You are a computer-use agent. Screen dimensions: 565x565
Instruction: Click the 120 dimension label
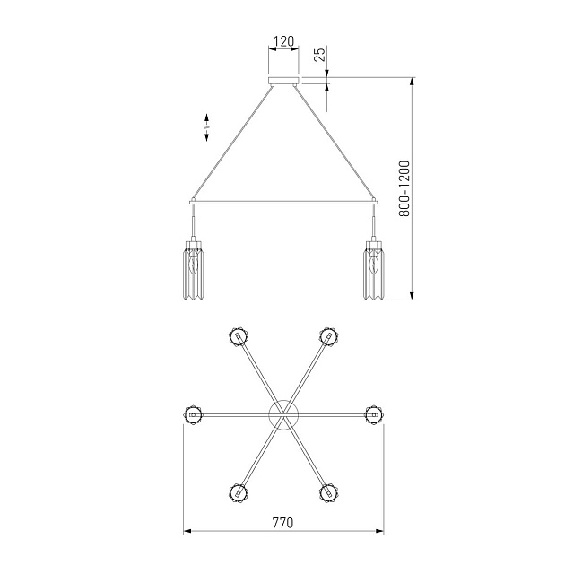(284, 41)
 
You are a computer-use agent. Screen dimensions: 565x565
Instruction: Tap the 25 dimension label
(320, 54)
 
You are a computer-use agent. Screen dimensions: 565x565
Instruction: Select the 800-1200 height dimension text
(404, 188)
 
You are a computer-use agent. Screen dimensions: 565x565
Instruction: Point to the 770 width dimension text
(282, 523)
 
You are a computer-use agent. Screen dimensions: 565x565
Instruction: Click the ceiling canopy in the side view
(284, 81)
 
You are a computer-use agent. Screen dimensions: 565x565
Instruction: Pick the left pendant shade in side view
(195, 270)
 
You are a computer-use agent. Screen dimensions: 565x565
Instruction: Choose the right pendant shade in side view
(374, 270)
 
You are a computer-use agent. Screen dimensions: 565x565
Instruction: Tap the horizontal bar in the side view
(284, 203)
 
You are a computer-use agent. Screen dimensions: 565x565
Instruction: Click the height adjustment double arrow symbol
(207, 127)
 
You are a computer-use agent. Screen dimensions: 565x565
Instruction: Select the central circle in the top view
(284, 415)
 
